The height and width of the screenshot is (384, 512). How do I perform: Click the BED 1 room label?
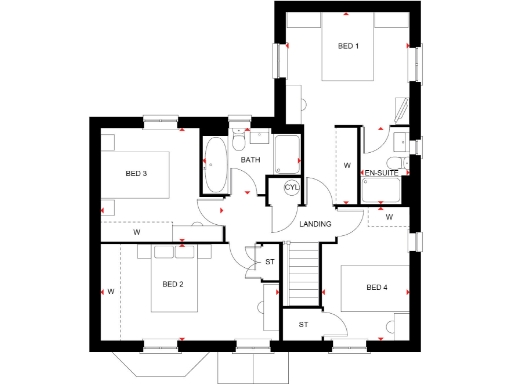click(348, 47)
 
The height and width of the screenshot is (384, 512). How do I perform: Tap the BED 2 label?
click(173, 284)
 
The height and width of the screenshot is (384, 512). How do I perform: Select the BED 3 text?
click(137, 174)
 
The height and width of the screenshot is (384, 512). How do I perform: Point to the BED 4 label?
click(376, 289)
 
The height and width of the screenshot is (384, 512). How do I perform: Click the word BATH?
click(250, 160)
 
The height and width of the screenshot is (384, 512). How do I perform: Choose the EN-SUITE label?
click(381, 173)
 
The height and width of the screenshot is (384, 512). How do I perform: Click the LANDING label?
click(316, 224)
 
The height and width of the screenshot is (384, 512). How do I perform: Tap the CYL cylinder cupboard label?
click(291, 187)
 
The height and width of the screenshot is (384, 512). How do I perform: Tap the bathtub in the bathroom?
click(215, 166)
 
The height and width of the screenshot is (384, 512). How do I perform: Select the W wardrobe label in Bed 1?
click(346, 164)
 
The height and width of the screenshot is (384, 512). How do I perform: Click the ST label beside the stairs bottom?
click(302, 324)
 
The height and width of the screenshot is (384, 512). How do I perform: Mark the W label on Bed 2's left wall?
click(112, 291)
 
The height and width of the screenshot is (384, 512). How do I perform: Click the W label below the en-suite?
click(389, 216)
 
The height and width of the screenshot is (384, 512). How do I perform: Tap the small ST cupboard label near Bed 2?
click(270, 262)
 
